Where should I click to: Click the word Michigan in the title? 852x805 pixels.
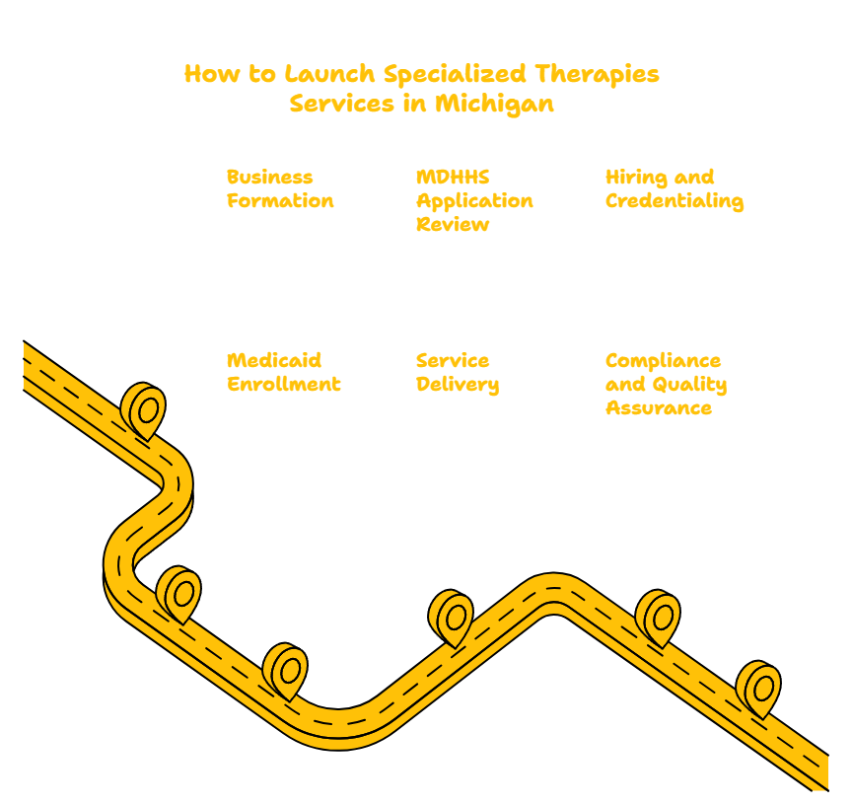point(494,104)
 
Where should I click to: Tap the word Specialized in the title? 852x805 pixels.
point(455,74)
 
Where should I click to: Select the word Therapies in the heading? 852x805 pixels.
point(598,74)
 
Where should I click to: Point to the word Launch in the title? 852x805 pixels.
point(329,74)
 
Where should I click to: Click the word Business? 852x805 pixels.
point(269,178)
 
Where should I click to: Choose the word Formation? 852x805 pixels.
point(280,201)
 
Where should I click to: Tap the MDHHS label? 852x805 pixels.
point(453,178)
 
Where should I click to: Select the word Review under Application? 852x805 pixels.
point(453,225)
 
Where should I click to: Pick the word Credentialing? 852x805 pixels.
point(674,201)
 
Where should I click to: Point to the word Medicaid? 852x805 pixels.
point(274,360)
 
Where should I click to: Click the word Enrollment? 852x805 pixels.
point(284,385)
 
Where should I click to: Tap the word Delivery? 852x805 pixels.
point(458,385)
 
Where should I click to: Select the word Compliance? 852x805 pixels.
point(663,361)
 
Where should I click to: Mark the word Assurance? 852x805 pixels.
point(659,408)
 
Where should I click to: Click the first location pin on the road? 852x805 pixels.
point(143,410)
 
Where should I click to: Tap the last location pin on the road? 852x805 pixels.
point(758,689)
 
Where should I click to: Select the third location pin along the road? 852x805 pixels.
point(285,671)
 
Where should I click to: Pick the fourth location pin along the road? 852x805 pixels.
point(451,618)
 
